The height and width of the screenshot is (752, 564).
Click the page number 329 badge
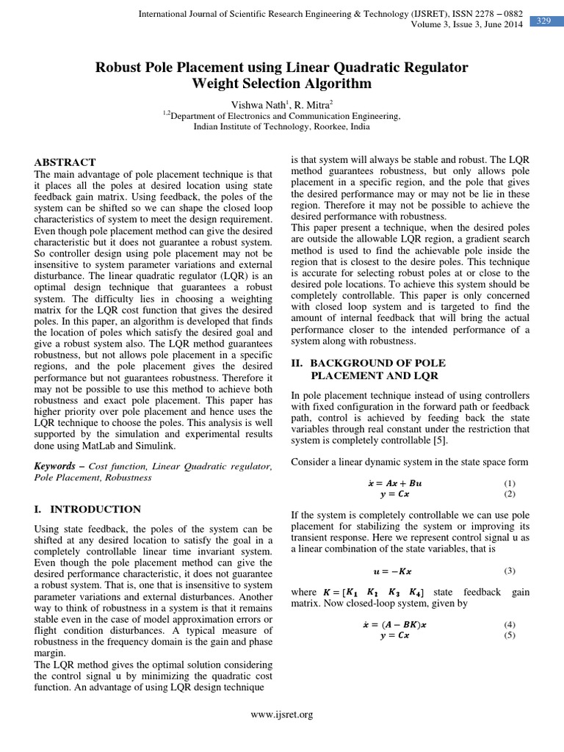click(x=543, y=21)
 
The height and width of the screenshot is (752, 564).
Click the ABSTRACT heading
click(x=65, y=162)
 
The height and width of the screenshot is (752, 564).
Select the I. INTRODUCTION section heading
click(x=87, y=509)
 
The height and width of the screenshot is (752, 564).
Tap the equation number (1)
click(x=510, y=483)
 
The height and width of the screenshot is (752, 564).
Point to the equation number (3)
click(x=510, y=571)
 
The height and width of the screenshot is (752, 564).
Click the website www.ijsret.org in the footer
click(x=283, y=715)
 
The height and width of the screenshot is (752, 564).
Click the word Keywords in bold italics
click(x=55, y=466)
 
